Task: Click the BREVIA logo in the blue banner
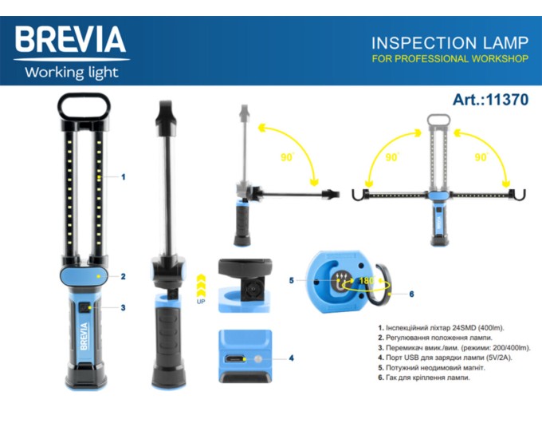pos(70,39)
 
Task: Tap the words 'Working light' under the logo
pos(72,73)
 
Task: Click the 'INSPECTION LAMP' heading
pos(450,43)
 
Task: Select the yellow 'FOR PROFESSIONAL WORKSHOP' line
pos(450,58)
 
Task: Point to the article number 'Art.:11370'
pos(490,100)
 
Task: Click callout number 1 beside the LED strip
pos(123,177)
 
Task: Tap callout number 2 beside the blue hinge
pos(123,276)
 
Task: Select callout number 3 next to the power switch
pos(123,308)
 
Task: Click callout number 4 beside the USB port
pos(292,358)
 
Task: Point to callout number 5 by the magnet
pos(292,280)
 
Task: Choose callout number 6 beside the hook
pos(412,294)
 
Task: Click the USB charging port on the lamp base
pos(234,359)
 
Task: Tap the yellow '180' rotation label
pos(367,280)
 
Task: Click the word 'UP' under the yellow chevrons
pos(201,302)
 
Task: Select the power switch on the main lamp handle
pos(84,308)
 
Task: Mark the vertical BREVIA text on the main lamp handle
pos(84,336)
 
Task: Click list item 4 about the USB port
pos(445,358)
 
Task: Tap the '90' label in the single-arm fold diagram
pos(287,157)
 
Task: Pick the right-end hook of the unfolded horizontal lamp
pos(519,195)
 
